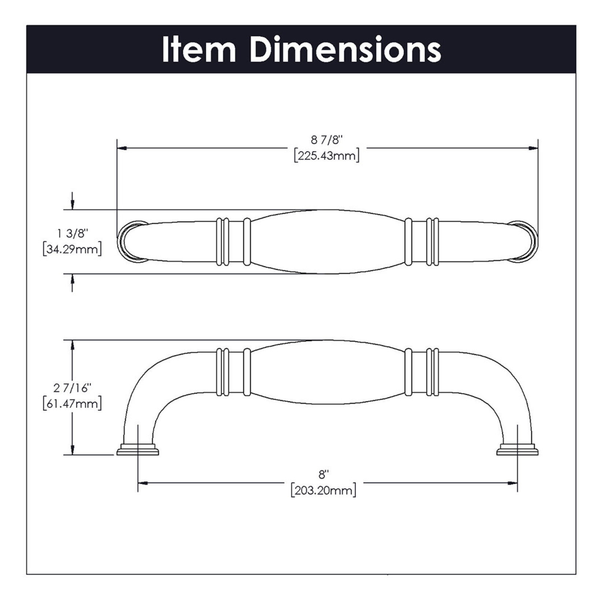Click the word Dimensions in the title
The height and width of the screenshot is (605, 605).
tap(346, 49)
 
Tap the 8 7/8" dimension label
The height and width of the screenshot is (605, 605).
tap(326, 140)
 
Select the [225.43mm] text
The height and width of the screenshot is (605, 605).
tap(326, 156)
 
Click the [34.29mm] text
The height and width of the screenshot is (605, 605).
tap(72, 249)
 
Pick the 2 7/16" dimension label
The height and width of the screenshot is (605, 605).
tap(72, 388)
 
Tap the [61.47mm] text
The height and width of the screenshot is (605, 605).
tap(72, 404)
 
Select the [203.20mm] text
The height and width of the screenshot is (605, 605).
tap(323, 490)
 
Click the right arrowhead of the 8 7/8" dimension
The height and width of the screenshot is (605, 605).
tap(533, 148)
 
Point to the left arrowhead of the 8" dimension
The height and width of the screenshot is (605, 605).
tap(143, 483)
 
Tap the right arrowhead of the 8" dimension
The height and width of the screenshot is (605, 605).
tap(512, 483)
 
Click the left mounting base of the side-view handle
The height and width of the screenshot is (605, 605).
tap(138, 450)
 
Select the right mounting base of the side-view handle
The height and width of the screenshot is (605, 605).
tap(517, 450)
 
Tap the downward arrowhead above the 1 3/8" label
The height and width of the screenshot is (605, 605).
tap(73, 205)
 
